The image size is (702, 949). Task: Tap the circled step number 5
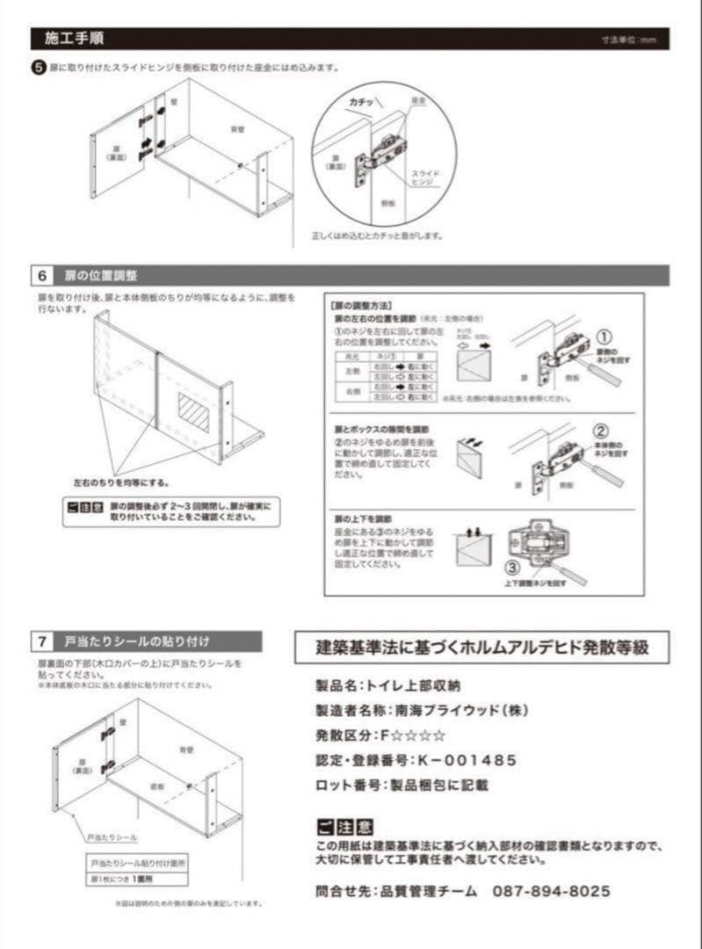[38, 68]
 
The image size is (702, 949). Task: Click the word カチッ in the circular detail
[361, 103]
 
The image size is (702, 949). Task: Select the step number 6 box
[42, 275]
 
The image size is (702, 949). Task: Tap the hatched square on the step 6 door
[193, 410]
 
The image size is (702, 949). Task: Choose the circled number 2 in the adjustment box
[601, 431]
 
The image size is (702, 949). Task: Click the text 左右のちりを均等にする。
[121, 482]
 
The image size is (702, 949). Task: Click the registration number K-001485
[466, 760]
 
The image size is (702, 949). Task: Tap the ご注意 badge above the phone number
[344, 827]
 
